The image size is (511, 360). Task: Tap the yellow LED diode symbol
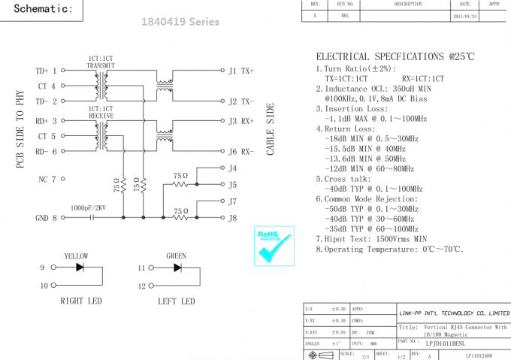coord(80,268)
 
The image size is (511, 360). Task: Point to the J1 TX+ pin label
coord(241,71)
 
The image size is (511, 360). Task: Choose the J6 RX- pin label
coord(241,152)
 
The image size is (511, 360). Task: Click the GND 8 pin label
coord(46,218)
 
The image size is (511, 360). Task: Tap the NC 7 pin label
coord(47,180)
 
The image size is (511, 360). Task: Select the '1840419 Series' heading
coord(180,22)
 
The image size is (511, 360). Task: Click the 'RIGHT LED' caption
coord(81,301)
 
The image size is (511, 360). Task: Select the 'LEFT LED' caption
coord(176,301)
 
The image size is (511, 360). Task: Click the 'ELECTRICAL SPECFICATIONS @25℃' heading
coord(395,57)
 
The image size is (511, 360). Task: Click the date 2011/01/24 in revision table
coord(465,15)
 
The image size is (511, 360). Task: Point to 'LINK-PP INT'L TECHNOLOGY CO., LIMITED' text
coord(453,313)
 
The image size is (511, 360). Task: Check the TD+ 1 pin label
coord(46,71)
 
